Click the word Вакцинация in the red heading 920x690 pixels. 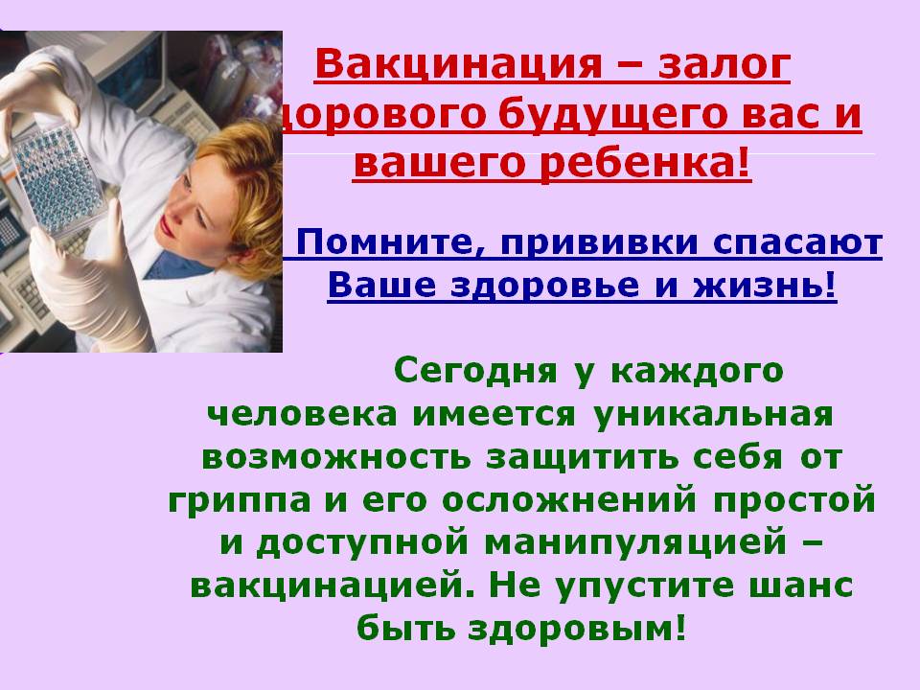click(459, 65)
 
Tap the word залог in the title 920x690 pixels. click(724, 65)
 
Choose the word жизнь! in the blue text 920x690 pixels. click(765, 286)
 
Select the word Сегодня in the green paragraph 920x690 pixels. click(475, 371)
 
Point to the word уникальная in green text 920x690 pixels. click(713, 415)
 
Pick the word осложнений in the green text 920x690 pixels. click(569, 500)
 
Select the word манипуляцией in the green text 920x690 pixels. click(635, 543)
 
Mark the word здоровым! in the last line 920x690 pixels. click(576, 629)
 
